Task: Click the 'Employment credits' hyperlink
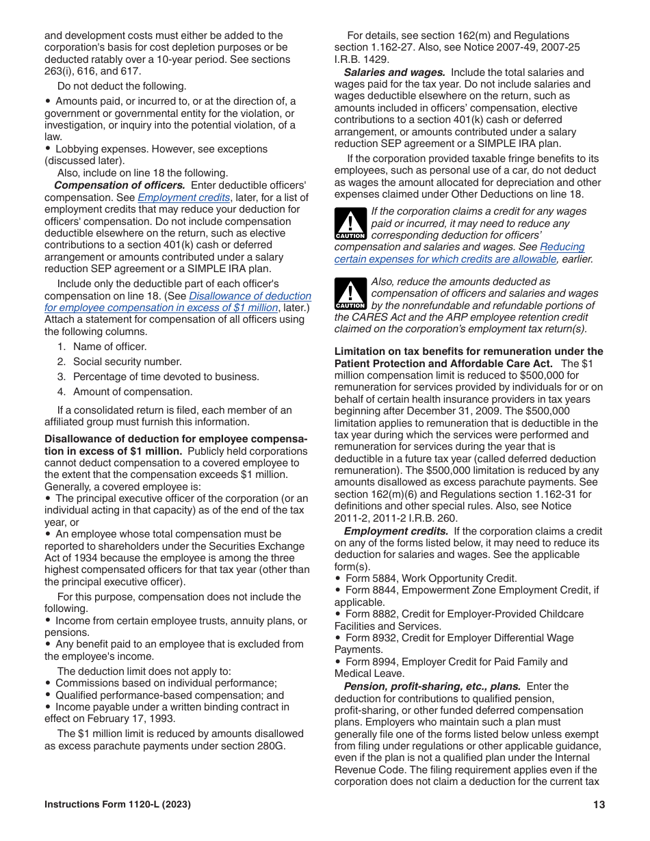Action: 183,198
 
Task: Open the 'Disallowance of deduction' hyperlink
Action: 250,296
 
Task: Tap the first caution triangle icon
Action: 350,225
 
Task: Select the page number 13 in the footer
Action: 599,805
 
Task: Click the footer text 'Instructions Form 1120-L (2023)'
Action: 118,805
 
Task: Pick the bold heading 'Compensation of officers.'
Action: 119,185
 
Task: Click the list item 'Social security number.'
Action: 127,362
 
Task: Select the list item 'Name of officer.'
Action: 109,347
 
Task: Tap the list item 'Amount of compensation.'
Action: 133,392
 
